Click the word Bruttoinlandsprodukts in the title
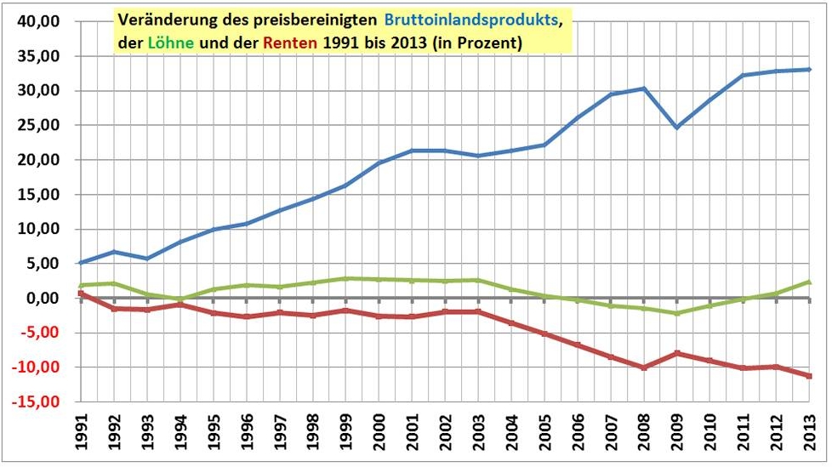point(482,20)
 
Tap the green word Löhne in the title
point(163,42)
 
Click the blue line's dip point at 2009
point(677,128)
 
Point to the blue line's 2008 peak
point(644,88)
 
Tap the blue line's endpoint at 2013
point(810,70)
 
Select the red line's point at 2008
point(644,367)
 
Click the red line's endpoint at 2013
point(810,375)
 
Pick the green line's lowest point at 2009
point(677,313)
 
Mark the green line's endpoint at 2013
point(810,282)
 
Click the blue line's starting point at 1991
point(81,262)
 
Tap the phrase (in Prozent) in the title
point(477,42)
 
